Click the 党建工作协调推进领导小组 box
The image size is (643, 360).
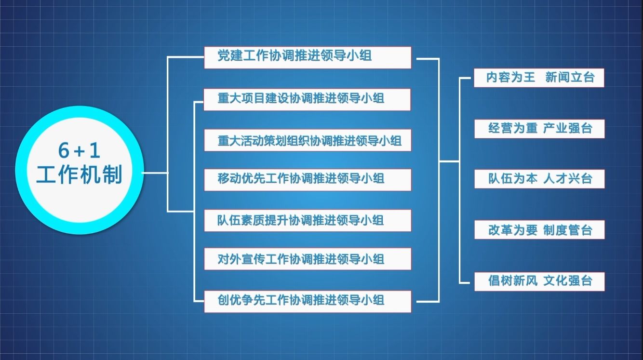click(x=308, y=57)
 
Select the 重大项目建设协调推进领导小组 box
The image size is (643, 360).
click(x=307, y=100)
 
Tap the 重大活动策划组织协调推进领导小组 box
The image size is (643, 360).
click(x=308, y=140)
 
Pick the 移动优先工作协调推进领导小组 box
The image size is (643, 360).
click(x=308, y=180)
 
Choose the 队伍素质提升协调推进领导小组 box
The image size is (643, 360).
click(x=308, y=220)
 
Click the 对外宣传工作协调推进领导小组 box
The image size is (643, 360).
click(x=308, y=259)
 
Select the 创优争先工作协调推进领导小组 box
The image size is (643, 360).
click(x=308, y=301)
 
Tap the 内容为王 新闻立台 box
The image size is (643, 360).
click(x=539, y=78)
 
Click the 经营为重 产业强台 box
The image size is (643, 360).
click(x=539, y=129)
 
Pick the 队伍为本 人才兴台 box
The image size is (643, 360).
click(x=539, y=179)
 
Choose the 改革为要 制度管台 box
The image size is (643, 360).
click(x=539, y=230)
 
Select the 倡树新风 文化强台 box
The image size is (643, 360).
click(x=539, y=281)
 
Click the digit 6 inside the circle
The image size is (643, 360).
click(x=64, y=151)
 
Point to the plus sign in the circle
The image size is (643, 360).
click(x=79, y=152)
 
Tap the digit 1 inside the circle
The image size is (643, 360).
click(x=95, y=151)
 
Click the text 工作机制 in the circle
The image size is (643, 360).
click(x=80, y=174)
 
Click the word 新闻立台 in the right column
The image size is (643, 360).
click(x=570, y=77)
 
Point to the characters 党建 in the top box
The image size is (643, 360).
click(x=230, y=55)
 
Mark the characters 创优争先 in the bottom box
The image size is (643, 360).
click(x=241, y=300)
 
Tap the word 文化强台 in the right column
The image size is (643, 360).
click(x=568, y=280)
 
